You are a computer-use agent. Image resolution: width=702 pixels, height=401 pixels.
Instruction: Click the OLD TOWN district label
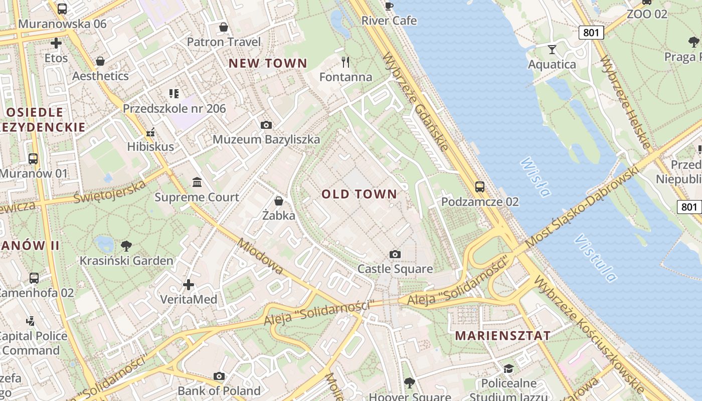[x=359, y=194]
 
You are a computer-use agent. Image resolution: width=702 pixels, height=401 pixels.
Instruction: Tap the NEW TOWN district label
[x=267, y=63]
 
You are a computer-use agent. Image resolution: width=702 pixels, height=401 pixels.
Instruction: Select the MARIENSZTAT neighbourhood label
[x=502, y=336]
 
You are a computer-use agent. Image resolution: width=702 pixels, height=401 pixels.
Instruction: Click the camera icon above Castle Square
[x=395, y=255]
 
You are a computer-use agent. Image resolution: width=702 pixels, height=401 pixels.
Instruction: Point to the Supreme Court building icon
[x=197, y=182]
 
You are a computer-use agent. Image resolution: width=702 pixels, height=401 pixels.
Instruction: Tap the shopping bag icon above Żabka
[x=279, y=201]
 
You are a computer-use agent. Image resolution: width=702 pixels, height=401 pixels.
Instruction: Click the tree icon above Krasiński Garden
[x=126, y=246]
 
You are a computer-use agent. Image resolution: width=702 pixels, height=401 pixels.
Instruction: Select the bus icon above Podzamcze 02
[x=480, y=187]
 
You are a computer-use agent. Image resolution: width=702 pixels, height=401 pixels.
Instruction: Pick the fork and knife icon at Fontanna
[x=345, y=62]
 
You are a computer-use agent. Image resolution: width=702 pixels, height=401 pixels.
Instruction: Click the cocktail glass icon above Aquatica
[x=552, y=49]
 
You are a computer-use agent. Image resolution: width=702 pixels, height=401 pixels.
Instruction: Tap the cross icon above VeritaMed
[x=189, y=285]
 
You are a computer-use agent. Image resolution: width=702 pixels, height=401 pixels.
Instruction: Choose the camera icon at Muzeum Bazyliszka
[x=266, y=125]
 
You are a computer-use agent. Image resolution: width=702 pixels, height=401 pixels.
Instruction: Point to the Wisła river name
[x=536, y=177]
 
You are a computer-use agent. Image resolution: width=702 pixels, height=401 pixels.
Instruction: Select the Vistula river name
[x=596, y=258]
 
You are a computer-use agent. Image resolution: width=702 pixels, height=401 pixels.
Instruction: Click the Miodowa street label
[x=260, y=257]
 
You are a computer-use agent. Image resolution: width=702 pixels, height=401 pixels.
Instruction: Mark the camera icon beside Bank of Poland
[x=219, y=376]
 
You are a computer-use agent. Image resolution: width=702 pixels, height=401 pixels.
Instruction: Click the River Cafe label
[x=389, y=21]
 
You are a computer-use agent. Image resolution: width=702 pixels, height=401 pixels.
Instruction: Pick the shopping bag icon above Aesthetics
[x=100, y=62]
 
